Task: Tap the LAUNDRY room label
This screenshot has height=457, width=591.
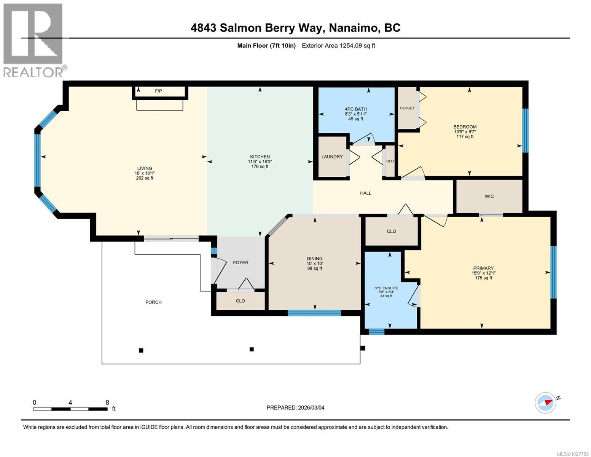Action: (332, 157)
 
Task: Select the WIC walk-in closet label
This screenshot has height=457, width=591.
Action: (489, 197)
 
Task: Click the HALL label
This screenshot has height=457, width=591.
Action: (365, 193)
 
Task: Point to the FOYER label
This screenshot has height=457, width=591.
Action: (241, 262)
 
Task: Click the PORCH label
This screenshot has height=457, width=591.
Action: (153, 302)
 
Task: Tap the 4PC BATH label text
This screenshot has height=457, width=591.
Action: (355, 109)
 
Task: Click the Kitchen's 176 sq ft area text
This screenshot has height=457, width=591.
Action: (260, 166)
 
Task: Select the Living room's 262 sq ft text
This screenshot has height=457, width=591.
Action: (145, 178)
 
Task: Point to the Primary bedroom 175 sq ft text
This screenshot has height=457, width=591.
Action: (483, 278)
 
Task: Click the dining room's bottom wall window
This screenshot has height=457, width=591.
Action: (314, 313)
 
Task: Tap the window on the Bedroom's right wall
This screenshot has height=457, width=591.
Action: (525, 131)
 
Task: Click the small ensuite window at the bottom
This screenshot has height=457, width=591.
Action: (376, 332)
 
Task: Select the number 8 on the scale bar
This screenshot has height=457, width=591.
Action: (107, 403)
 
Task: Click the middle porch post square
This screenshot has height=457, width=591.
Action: (251, 349)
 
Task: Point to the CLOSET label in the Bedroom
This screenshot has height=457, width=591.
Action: (407, 108)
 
